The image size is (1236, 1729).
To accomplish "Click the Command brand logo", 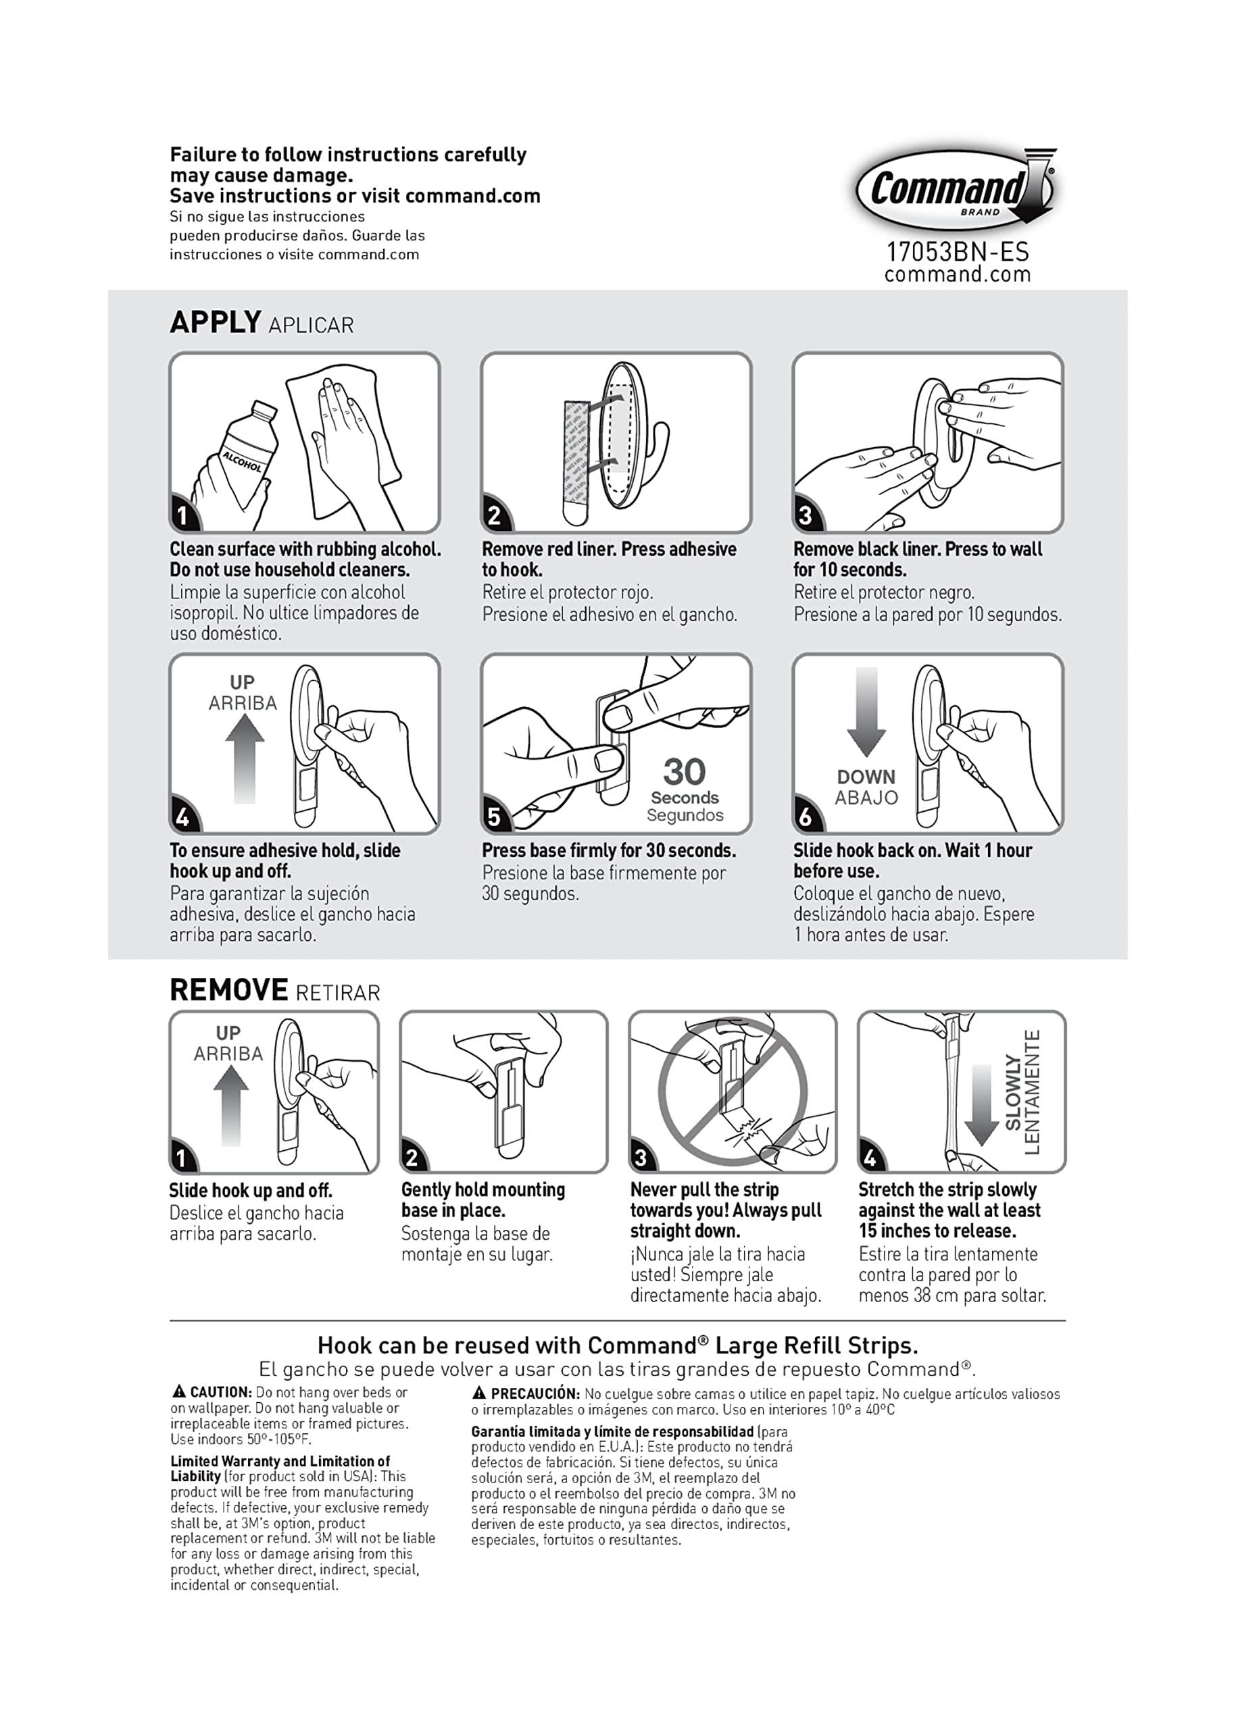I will point(955,188).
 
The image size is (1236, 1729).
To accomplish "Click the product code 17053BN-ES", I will point(957,252).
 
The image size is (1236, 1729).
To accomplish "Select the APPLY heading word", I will point(216,323).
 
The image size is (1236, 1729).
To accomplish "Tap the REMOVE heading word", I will point(228,990).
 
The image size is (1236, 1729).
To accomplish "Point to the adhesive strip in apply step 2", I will point(577,460).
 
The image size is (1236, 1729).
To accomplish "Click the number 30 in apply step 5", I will point(684,771).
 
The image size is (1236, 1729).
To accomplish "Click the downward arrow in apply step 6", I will point(866,711).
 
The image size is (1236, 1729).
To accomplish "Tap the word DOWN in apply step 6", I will point(866,777).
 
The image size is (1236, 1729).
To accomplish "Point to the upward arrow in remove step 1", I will point(230,1104).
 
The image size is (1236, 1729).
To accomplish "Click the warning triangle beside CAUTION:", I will point(179,1391).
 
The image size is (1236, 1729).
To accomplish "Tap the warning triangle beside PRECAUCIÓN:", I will point(478,1392).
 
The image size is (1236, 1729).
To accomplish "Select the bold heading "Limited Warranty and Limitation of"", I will point(279,1460).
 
